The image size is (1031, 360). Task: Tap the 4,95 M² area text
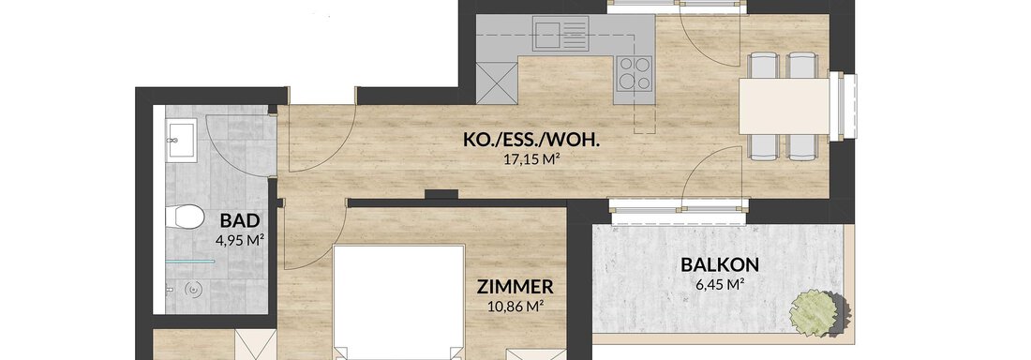[240, 241]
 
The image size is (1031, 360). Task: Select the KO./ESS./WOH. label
[533, 141]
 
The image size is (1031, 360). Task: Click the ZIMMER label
[515, 287]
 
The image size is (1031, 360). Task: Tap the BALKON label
[720, 265]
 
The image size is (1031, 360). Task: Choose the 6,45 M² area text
[720, 284]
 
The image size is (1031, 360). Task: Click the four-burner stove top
[634, 72]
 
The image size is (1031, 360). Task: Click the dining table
[784, 106]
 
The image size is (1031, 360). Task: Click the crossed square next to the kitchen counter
[497, 82]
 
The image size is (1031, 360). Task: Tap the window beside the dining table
[843, 106]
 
